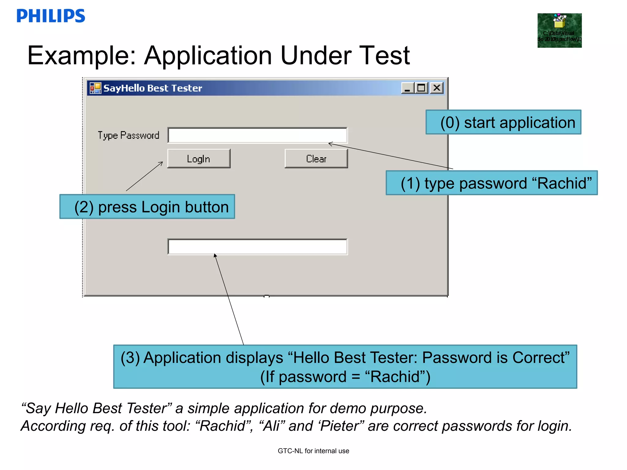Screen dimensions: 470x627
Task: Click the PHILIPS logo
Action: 51,16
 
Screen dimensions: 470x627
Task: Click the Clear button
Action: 316,159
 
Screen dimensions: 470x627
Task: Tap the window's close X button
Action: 437,88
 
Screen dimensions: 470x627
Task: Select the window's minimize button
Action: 407,88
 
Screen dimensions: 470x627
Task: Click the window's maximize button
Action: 422,88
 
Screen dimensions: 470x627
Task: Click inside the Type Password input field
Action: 257,135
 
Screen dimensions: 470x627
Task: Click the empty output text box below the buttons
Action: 257,247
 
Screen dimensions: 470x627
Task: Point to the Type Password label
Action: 128,135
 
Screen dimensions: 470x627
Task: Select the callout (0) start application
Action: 503,122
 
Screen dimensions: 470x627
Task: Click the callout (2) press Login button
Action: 147,207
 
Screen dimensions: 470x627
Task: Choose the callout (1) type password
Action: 492,183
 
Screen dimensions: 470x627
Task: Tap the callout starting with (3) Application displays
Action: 345,367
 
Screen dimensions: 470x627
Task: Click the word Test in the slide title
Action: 384,56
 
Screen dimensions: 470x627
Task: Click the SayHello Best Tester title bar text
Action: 153,88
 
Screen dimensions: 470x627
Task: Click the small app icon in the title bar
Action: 95,88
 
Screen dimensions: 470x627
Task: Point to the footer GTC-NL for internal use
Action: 313,451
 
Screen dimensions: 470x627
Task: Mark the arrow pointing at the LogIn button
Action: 145,177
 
